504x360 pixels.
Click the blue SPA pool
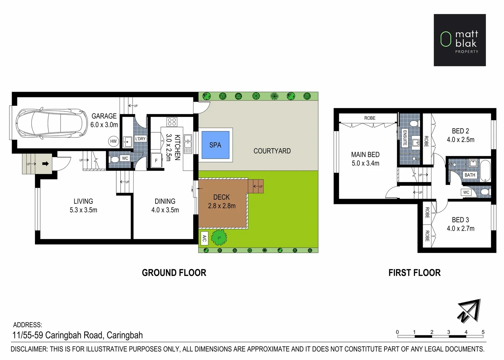click(215, 145)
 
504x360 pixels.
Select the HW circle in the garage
click(113, 141)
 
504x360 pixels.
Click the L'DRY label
click(140, 139)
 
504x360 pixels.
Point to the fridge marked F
click(156, 161)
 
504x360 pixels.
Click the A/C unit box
click(204, 238)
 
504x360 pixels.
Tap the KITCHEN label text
click(177, 147)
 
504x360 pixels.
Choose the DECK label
click(222, 197)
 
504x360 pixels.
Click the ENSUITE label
click(405, 138)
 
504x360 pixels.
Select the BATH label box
click(470, 175)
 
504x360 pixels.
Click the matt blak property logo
click(459, 40)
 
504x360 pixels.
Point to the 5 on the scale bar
click(483, 332)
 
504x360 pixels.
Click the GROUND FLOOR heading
click(174, 273)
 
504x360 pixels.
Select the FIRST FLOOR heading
click(414, 273)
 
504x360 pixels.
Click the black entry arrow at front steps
click(46, 164)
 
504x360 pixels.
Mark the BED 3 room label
click(460, 220)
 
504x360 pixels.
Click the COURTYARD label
click(272, 151)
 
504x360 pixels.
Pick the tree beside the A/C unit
click(219, 238)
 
